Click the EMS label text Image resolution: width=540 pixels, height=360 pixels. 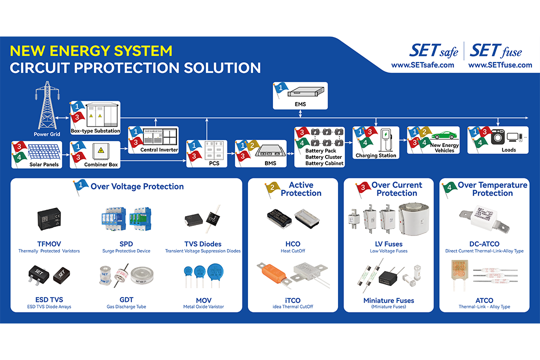coord(300,104)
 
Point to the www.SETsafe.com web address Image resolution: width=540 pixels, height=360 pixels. coord(422,65)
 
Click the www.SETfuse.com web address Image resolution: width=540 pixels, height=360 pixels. coord(500,65)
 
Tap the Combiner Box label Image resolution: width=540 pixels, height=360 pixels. coord(101,164)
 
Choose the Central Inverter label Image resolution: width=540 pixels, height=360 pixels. coord(159,149)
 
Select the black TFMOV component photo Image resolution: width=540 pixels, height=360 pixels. coord(49,217)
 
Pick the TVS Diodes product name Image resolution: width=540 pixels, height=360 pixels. coord(202,244)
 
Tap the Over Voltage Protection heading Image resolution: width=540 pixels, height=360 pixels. coord(137,186)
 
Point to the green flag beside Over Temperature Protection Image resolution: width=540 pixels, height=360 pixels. coord(448,189)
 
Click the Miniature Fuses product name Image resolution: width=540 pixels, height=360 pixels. coord(388,300)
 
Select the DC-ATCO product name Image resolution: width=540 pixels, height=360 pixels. coord(484,244)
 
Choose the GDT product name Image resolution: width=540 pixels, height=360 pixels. coord(126,300)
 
